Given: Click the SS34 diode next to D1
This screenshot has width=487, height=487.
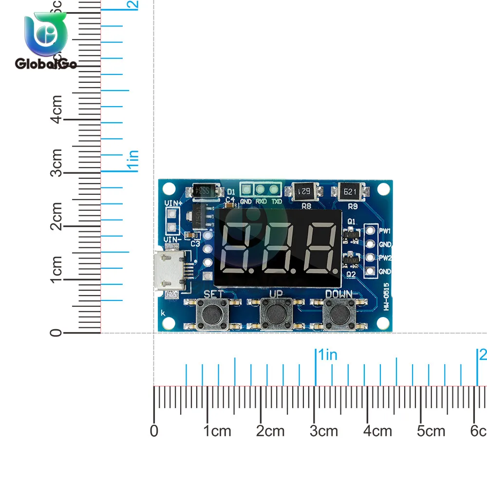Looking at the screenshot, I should pos(205,191).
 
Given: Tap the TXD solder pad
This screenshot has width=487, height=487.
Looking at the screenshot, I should pos(276,189).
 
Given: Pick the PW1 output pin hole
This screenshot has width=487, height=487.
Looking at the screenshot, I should pos(370,230).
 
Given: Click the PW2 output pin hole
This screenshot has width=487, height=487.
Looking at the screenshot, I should pos(370,258).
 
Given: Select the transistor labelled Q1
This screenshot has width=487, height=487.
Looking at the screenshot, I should pos(349,234).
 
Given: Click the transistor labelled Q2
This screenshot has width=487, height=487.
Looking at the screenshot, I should pos(349,262).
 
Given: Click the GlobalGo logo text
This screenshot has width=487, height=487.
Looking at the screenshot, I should pos(46,63).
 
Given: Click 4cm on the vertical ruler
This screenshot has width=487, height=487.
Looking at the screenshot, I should pos(57,109).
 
